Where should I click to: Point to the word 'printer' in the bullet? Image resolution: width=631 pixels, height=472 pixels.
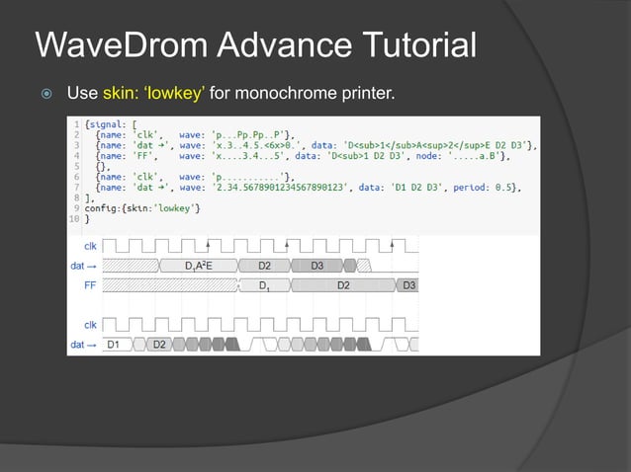(369, 95)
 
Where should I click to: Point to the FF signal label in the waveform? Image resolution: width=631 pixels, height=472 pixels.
(89, 284)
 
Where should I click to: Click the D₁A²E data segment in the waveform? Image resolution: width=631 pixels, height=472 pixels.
(201, 265)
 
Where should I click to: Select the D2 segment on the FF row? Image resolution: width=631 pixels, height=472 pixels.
(342, 284)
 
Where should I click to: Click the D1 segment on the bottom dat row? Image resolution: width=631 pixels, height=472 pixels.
(114, 344)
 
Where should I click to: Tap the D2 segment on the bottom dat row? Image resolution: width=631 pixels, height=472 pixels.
(158, 344)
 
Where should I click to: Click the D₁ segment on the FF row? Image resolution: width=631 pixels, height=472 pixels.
(265, 284)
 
